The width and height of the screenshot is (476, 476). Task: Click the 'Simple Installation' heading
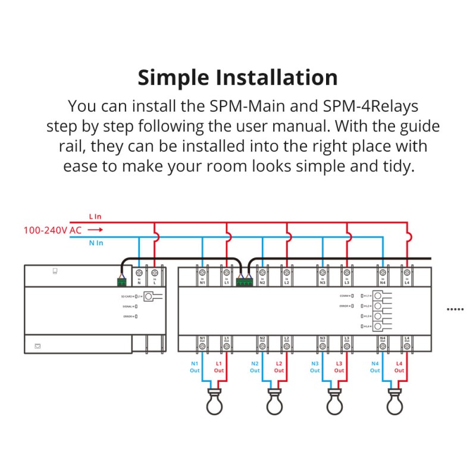[237, 77]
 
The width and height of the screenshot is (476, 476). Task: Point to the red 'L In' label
[95, 216]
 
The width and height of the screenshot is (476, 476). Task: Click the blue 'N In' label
[95, 243]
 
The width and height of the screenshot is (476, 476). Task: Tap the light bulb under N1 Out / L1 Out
[214, 402]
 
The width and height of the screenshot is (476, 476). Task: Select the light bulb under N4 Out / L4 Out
[394, 402]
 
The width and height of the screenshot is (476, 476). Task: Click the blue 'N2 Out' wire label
[255, 367]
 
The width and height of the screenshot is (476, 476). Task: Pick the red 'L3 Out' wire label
[339, 367]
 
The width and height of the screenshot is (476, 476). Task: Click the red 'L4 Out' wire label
[399, 367]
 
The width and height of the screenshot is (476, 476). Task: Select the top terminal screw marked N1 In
[202, 273]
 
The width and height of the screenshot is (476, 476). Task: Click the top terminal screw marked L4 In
[407, 273]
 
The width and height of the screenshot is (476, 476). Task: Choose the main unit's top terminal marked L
[155, 273]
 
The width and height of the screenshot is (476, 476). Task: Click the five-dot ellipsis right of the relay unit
[455, 309]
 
